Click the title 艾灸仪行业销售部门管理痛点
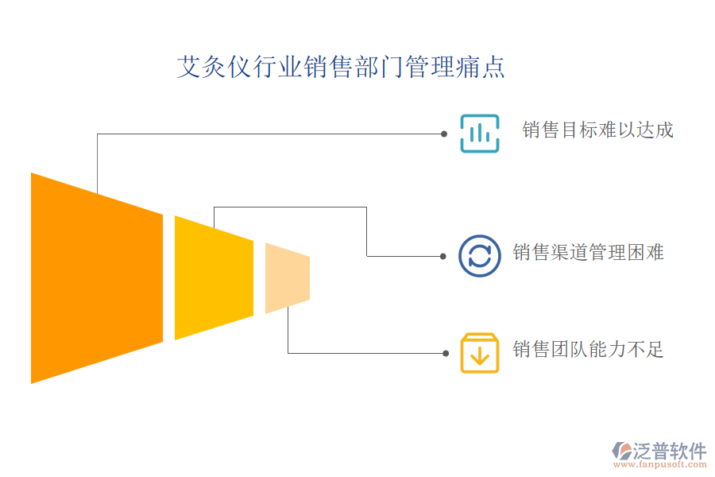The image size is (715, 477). coord(341,68)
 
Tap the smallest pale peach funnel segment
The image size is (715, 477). coord(287,277)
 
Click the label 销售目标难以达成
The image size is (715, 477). coord(597,130)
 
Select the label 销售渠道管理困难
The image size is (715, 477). coord(588,253)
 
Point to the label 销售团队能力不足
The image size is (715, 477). coord(588,350)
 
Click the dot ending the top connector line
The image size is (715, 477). coord(444,134)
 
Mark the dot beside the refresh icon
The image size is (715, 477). coord(443,256)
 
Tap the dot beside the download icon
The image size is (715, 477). coord(444,353)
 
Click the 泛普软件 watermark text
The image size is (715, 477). coord(670,451)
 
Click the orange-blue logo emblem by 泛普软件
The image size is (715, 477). coord(621,451)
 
